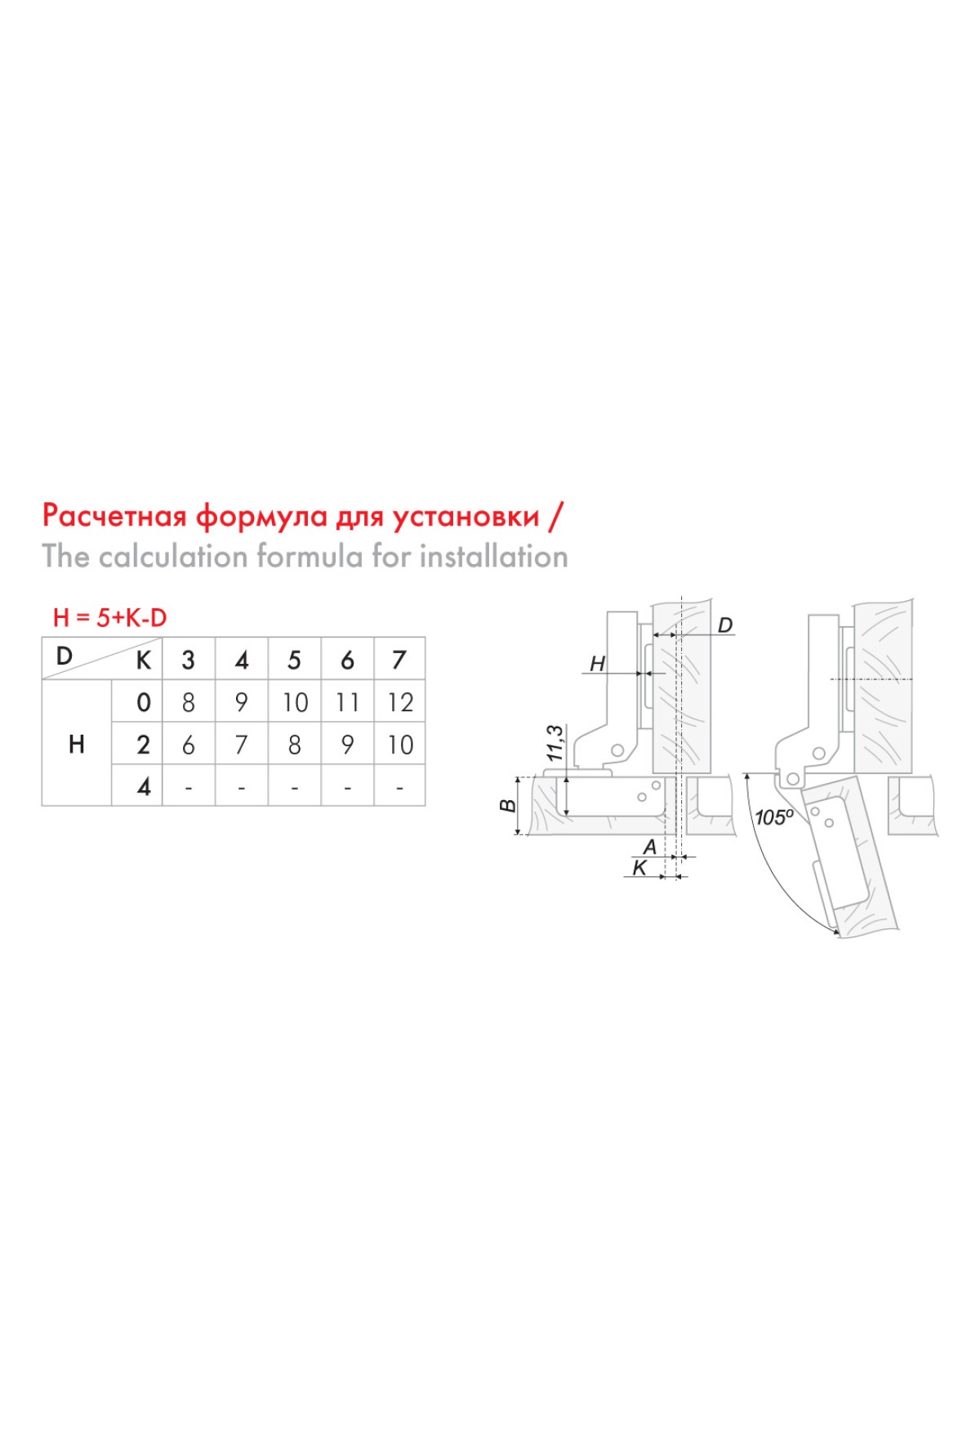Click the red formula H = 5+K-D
(x=109, y=618)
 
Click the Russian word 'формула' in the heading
(x=262, y=516)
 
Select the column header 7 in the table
(x=399, y=659)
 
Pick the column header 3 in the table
(x=189, y=660)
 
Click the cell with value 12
(x=400, y=702)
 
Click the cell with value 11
(x=347, y=702)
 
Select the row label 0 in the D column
(x=144, y=702)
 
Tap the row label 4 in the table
(x=144, y=786)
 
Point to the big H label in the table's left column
(x=77, y=745)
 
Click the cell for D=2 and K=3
(x=189, y=745)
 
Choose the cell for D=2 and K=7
(x=400, y=745)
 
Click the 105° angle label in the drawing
(x=774, y=816)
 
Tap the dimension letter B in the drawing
(x=508, y=806)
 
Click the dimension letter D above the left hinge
(x=725, y=625)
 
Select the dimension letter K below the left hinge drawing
(x=640, y=868)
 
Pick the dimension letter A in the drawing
(x=650, y=847)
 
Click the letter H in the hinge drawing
(x=598, y=665)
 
